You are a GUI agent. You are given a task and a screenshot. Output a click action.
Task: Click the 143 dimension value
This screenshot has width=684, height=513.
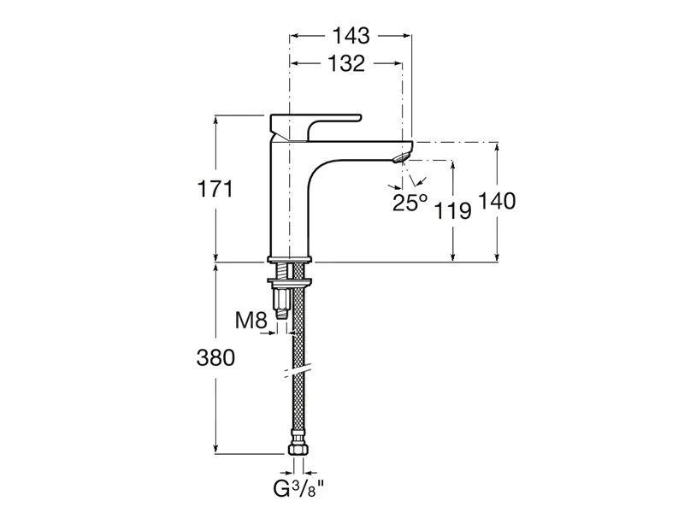351,36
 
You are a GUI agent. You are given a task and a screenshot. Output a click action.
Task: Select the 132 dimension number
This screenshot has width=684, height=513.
346,63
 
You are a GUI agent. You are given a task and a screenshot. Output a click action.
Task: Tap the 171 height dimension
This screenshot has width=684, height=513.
215,189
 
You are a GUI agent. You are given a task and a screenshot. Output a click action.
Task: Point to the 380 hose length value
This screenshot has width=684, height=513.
215,358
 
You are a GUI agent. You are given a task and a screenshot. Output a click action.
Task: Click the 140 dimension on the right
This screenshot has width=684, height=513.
497,201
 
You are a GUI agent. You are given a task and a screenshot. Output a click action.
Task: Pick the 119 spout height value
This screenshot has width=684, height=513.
453,211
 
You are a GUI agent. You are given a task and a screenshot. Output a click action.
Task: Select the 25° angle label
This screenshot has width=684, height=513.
410,203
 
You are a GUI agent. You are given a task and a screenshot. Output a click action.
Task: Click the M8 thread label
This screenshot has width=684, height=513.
251,321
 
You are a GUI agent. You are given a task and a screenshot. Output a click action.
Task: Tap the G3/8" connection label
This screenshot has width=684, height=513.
299,489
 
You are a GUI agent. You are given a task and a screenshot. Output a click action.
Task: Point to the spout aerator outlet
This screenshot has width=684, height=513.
401,156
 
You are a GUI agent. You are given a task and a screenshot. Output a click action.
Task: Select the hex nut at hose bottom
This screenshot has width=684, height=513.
298,450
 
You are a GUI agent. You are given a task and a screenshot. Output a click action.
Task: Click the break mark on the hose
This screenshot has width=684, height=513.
297,369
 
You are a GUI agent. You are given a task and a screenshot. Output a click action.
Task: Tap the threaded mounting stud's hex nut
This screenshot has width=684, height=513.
282,299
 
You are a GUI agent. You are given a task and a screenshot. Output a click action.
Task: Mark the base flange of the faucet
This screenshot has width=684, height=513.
290,260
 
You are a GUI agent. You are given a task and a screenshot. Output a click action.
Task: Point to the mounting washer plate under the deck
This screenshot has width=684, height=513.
290,281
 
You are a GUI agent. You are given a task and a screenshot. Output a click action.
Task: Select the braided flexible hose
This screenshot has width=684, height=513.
298,349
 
